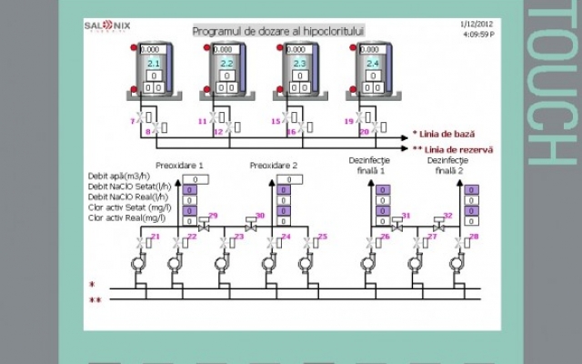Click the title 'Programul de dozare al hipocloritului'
click(278, 31)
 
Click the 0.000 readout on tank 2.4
click(372, 50)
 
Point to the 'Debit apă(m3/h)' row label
click(120, 176)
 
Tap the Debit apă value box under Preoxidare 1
click(190, 179)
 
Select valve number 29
click(205, 221)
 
